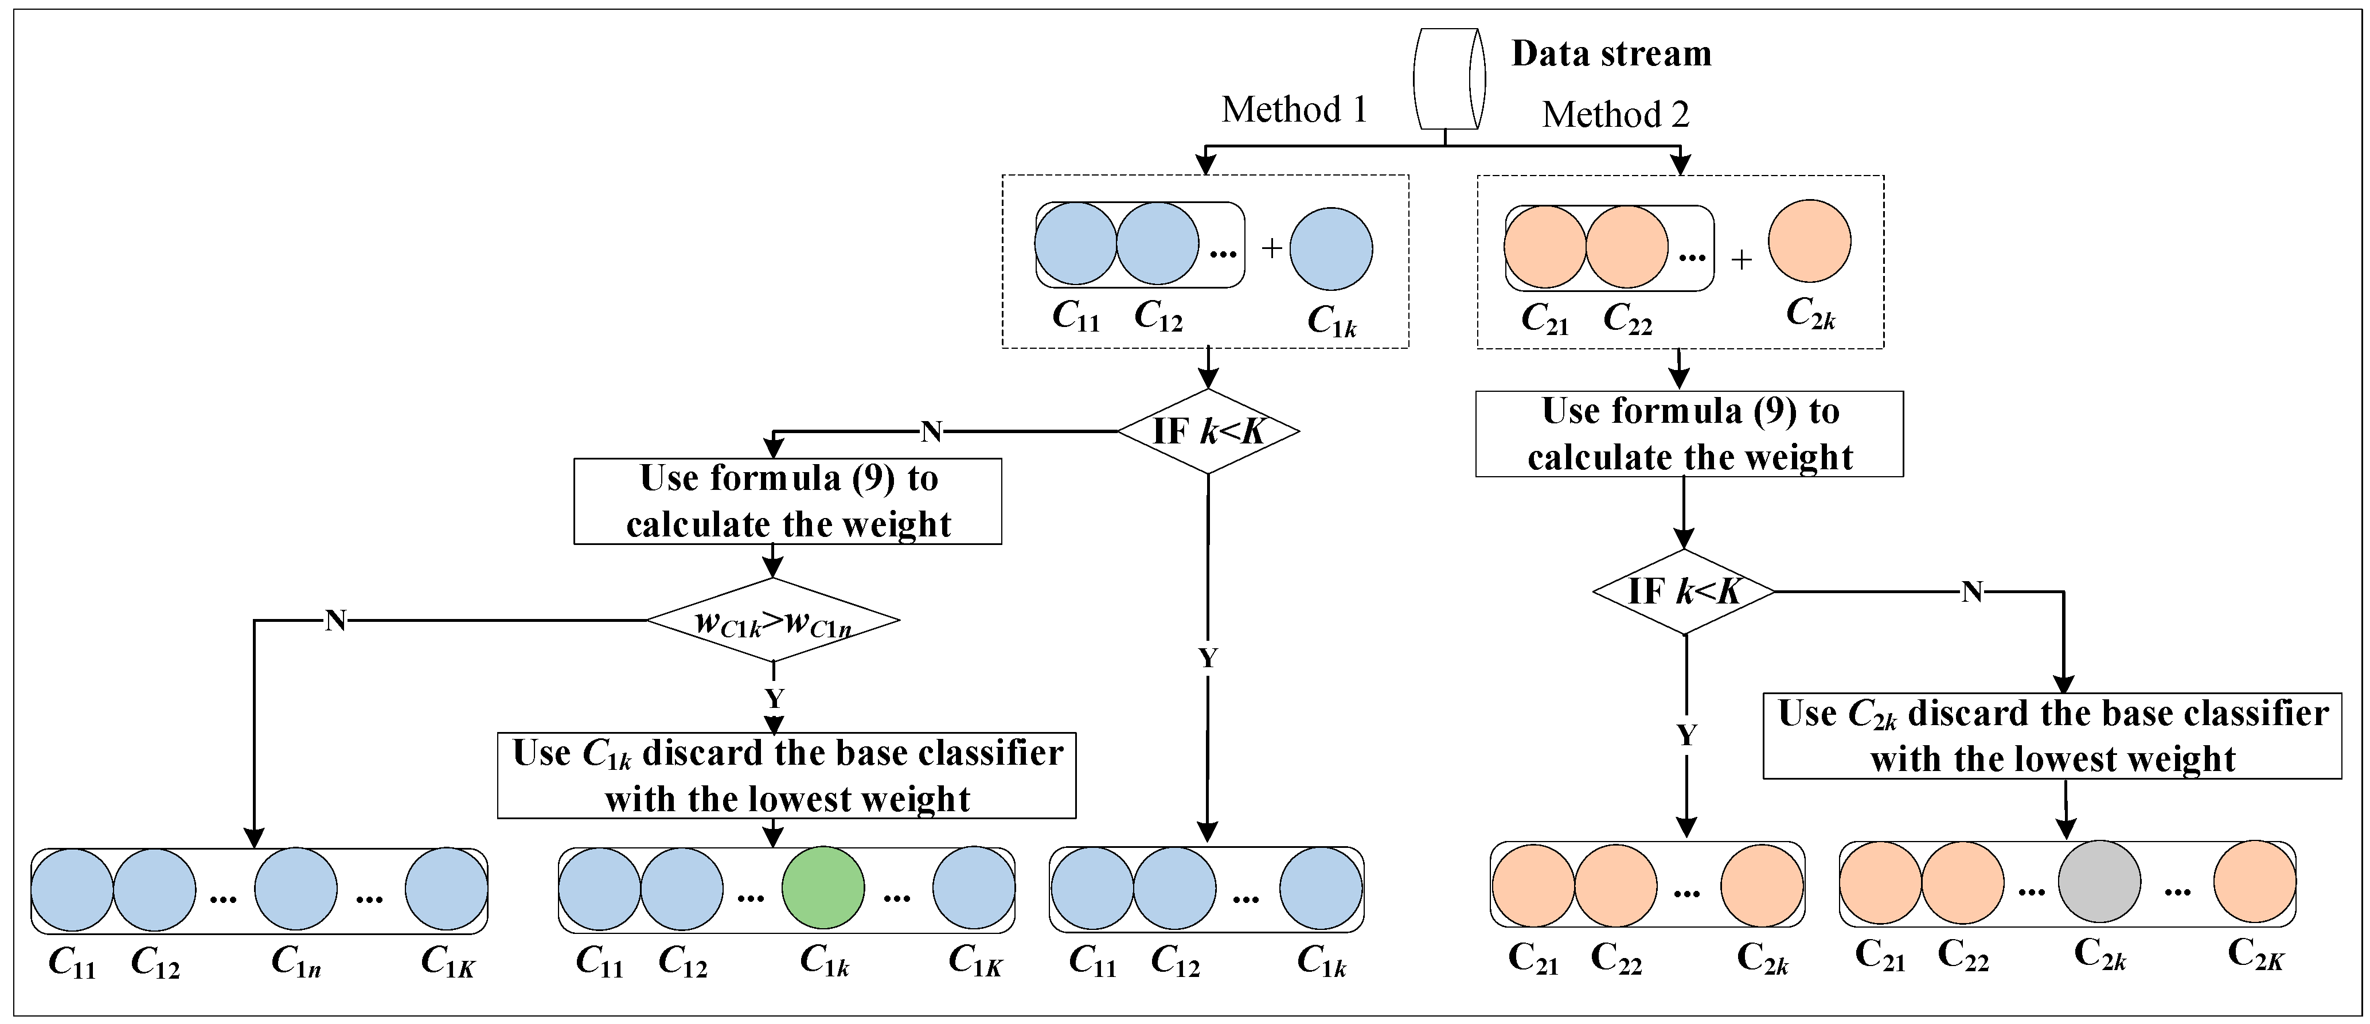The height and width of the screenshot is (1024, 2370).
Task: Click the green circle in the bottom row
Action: pos(822,888)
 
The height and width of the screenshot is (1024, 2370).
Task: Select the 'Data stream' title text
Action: pos(1611,53)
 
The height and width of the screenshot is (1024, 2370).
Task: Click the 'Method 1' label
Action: pos(1294,110)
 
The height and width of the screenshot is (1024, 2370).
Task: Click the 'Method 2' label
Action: pos(1615,115)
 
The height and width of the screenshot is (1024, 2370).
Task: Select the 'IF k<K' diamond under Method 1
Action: pos(1208,431)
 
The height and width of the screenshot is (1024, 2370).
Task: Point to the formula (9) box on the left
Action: pos(787,501)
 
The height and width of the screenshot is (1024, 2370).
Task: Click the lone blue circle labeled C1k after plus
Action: pos(1330,248)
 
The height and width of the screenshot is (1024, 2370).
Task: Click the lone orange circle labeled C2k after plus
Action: pos(1809,241)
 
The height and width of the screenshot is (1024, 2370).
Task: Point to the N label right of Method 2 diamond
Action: pos(1971,591)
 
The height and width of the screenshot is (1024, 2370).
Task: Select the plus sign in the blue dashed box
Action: pos(1271,247)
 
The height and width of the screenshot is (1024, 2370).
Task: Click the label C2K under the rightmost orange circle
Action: pos(2255,954)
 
